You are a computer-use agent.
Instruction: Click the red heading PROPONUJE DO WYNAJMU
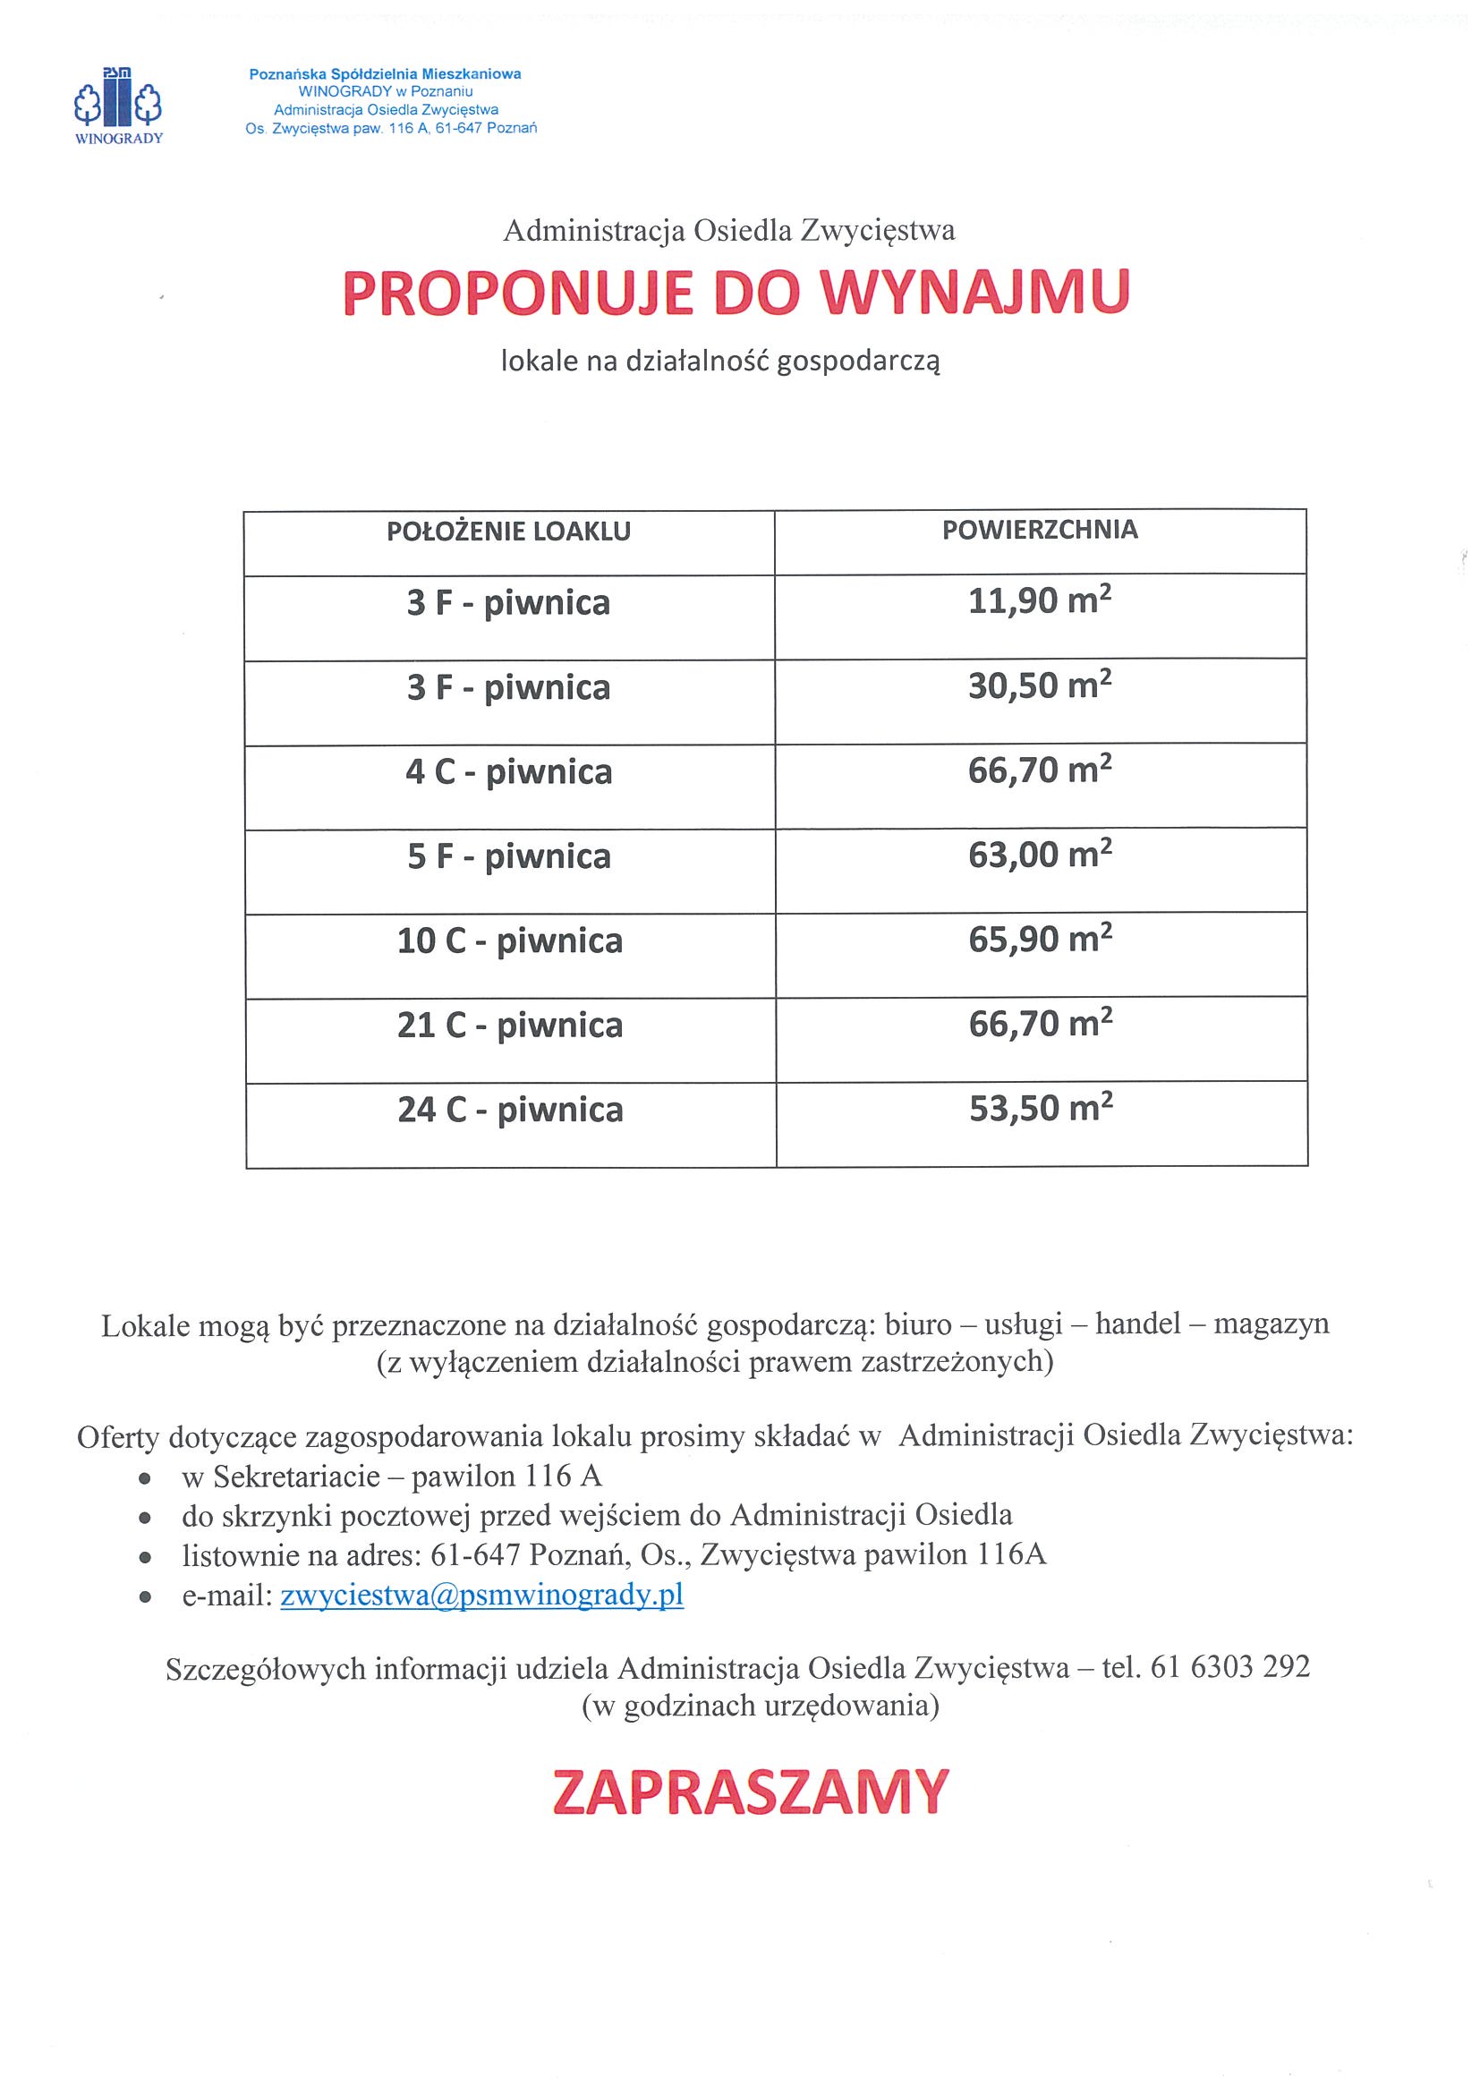[x=736, y=293]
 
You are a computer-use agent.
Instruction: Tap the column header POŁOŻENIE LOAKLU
[x=508, y=532]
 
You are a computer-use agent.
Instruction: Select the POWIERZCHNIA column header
[x=1040, y=530]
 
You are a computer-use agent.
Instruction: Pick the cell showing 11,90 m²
[x=1040, y=602]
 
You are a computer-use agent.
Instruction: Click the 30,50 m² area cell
[x=1040, y=685]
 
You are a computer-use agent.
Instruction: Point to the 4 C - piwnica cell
[x=508, y=772]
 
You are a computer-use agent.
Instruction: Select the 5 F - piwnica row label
[x=508, y=857]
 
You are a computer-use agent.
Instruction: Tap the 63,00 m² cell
[x=1040, y=855]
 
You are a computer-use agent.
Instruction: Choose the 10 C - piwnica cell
[x=509, y=941]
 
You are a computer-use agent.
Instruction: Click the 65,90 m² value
[x=1040, y=940]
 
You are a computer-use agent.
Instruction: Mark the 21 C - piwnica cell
[x=509, y=1026]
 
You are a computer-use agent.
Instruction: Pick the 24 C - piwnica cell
[x=510, y=1110]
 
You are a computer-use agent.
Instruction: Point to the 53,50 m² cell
[x=1041, y=1108]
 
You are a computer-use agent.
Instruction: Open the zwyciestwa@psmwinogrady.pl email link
[x=481, y=1596]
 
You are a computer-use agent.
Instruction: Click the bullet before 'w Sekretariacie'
[x=144, y=1479]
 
